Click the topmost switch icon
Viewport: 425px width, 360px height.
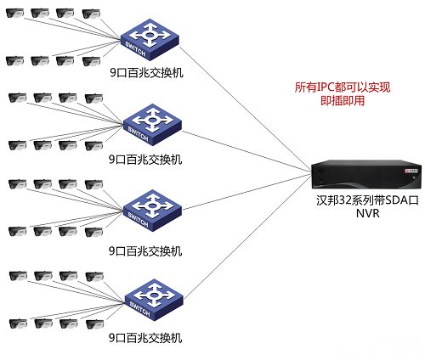pyautogui.click(x=150, y=38)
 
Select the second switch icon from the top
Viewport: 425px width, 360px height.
pyautogui.click(x=150, y=123)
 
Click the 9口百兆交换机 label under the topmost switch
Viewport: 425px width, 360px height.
pyautogui.click(x=145, y=72)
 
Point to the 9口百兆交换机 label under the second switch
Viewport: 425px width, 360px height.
pyautogui.click(x=145, y=159)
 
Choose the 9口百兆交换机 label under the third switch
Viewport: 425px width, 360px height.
pyautogui.click(x=145, y=250)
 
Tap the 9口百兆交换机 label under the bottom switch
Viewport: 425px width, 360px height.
pyautogui.click(x=145, y=337)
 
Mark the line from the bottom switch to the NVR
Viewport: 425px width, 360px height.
pyautogui.click(x=246, y=237)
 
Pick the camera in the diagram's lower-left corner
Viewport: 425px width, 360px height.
pyautogui.click(x=14, y=323)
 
